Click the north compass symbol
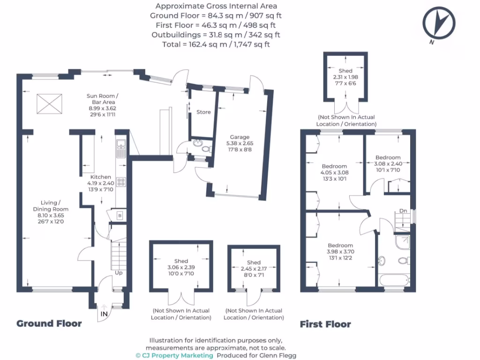tap(439, 23)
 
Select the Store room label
tap(203, 112)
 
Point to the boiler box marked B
tap(119, 216)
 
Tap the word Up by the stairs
tap(120, 272)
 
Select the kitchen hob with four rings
tap(121, 181)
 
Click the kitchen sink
tap(120, 149)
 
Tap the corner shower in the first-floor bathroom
tap(402, 241)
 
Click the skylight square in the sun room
tap(49, 102)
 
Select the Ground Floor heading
tap(49, 323)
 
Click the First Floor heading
tap(325, 324)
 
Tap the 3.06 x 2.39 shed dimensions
tap(181, 268)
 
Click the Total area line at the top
tap(216, 45)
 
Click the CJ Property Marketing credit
tap(174, 355)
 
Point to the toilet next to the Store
tap(205, 149)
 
